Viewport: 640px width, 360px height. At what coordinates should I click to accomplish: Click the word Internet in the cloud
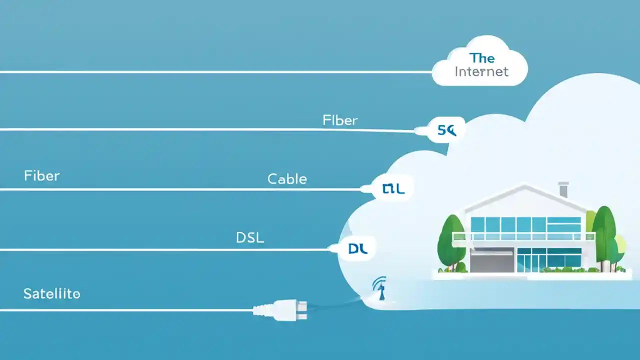[x=481, y=71]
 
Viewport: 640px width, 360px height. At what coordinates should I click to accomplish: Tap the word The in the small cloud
[x=482, y=57]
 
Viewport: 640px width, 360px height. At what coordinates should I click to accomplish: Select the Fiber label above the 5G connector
[x=340, y=120]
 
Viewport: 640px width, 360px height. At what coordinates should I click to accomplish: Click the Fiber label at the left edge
[x=41, y=176]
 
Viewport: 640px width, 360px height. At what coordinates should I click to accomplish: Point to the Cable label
[x=287, y=179]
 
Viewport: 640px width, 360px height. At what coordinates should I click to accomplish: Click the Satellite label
[x=51, y=294]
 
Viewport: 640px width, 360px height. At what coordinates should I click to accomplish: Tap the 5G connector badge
[x=446, y=130]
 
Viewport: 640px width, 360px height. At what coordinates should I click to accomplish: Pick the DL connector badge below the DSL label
[x=357, y=249]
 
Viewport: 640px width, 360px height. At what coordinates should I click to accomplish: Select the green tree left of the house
[x=451, y=242]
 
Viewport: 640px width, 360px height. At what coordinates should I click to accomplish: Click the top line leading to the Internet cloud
[x=215, y=72]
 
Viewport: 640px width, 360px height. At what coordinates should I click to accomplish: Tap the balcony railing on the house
[x=522, y=236]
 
